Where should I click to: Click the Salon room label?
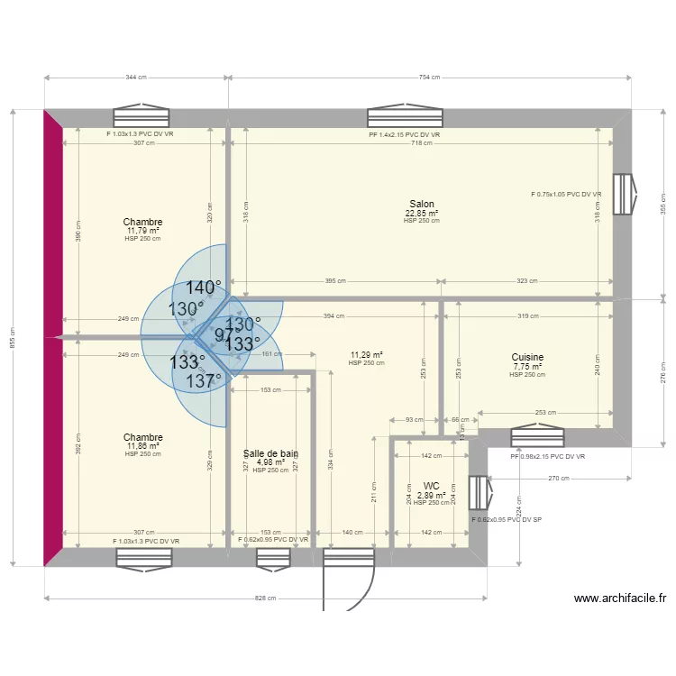[422, 205]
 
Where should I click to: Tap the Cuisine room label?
[526, 358]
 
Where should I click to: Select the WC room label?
[431, 486]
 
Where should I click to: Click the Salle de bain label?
[271, 454]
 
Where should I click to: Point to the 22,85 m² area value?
[422, 213]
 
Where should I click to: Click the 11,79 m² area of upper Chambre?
[143, 231]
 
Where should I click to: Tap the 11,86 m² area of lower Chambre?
[143, 446]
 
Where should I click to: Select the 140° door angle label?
[205, 288]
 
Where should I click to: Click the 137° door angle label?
[205, 381]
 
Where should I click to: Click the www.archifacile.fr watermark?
[619, 598]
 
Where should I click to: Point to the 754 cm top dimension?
[429, 78]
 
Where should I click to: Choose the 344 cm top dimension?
[137, 78]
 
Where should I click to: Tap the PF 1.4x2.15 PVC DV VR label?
[404, 135]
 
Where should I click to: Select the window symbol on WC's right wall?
[480, 492]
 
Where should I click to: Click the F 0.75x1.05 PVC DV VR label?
[567, 195]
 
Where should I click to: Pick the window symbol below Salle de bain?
[273, 558]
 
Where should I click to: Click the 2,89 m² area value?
[431, 495]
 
